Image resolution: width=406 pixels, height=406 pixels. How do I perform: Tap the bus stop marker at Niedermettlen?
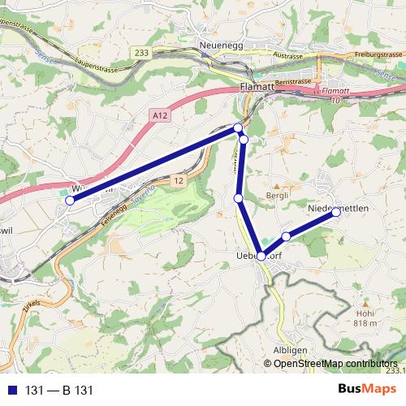point(335,213)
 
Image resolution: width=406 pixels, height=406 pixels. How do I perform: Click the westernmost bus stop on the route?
point(70,200)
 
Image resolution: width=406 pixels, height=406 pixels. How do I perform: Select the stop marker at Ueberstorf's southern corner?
point(261,257)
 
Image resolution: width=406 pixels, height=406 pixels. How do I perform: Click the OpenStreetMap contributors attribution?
point(335,363)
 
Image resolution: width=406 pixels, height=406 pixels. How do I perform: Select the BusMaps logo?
point(365,390)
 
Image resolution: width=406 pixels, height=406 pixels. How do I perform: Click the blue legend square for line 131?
point(13,391)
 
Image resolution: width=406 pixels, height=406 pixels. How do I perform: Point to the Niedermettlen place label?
point(339,209)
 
